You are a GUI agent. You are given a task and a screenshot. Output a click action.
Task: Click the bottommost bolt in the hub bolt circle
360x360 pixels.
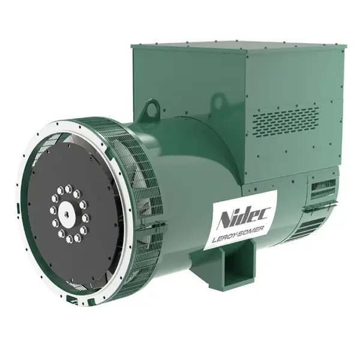69,239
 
